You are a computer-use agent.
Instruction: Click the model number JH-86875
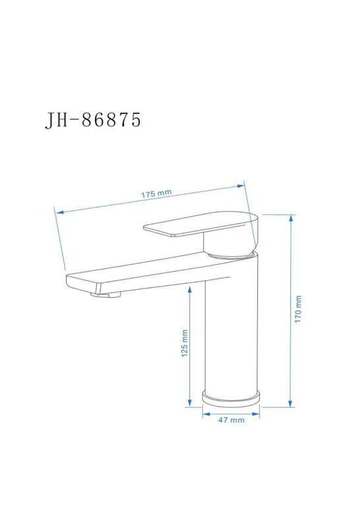(x=93, y=120)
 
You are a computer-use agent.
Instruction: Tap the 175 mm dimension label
(x=156, y=194)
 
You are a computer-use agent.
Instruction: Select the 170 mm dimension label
(x=298, y=309)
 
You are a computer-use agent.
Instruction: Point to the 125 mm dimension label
(x=185, y=343)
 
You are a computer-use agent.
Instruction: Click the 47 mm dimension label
(x=231, y=420)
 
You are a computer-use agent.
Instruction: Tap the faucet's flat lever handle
(x=198, y=225)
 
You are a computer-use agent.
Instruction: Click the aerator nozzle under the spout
(x=105, y=295)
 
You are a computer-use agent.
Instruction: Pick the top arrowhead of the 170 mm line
(x=291, y=218)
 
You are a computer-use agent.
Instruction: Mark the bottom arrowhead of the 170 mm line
(x=290, y=403)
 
